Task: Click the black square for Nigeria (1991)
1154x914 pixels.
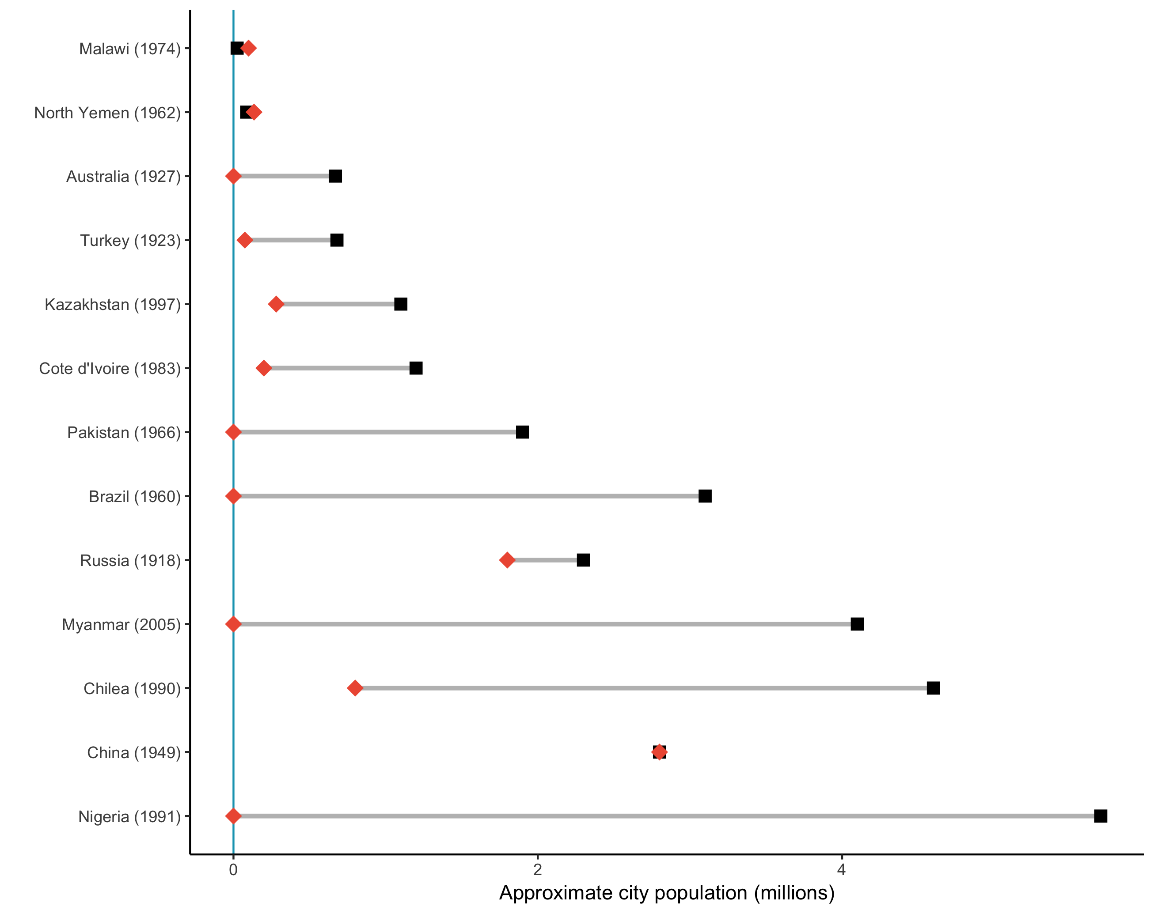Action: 1101,816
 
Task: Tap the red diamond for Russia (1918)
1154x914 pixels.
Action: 507,560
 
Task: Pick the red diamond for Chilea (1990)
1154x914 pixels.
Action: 355,688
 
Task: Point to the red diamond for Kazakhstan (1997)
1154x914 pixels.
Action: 276,304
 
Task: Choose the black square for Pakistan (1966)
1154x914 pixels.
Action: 522,432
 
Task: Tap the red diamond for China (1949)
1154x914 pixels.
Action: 660,752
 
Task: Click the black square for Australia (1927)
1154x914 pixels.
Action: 335,176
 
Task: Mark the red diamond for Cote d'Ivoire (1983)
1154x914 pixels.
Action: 263,368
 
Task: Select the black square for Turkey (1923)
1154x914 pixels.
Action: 337,240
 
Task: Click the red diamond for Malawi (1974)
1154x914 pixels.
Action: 248,48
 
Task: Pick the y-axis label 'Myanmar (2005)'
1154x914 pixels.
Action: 121,625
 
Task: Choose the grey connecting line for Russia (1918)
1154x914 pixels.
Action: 545,560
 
